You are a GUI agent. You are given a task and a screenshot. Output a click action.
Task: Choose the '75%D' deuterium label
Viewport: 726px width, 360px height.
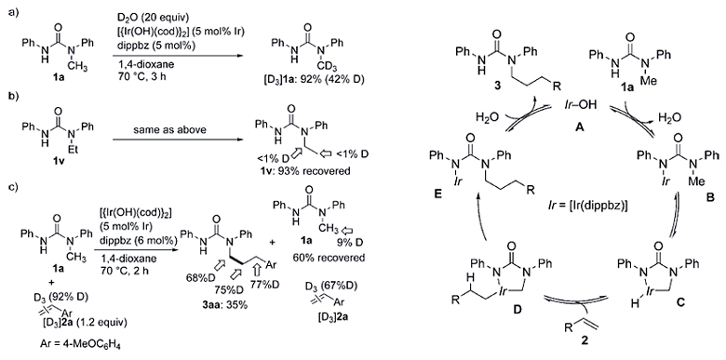[x=280, y=287]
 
